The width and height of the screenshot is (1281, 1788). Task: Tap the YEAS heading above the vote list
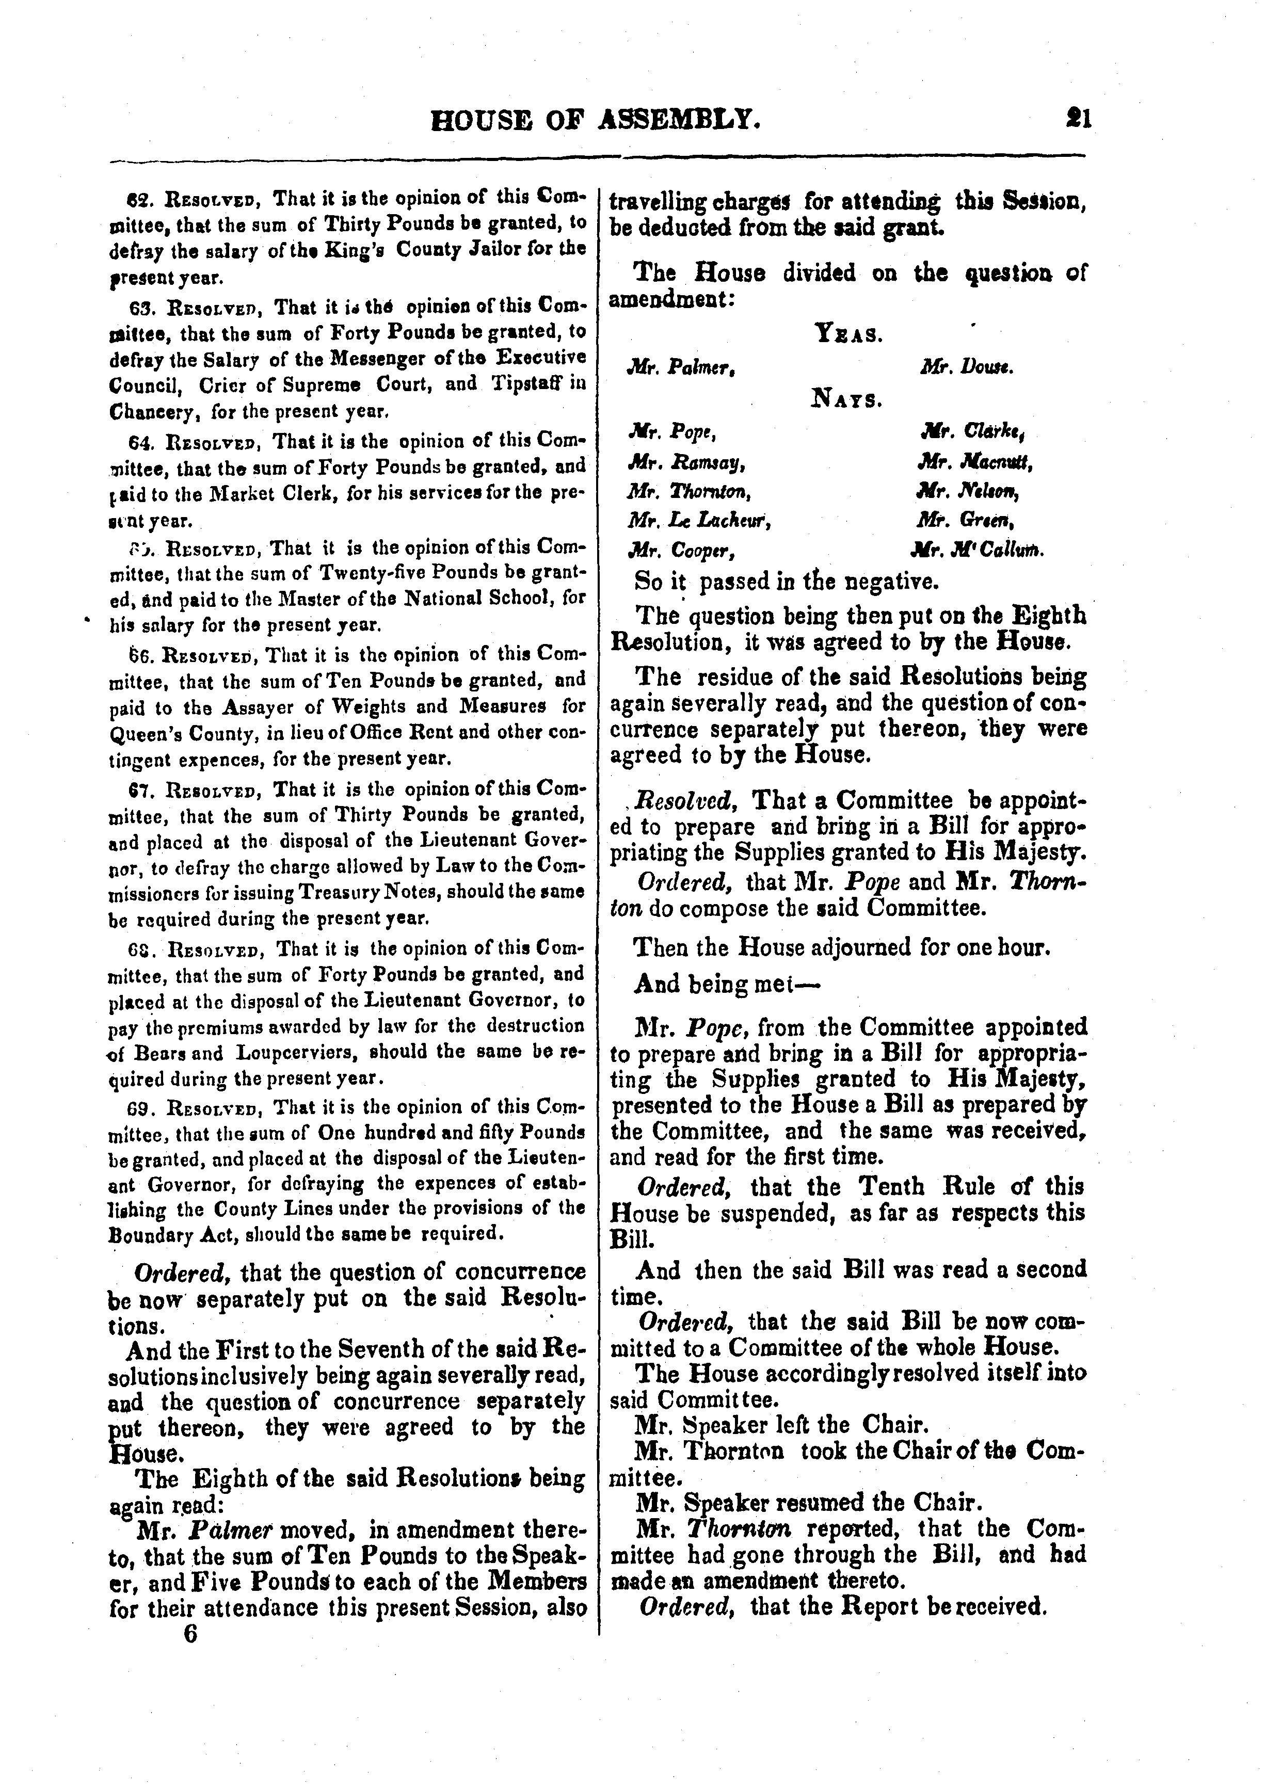click(x=847, y=335)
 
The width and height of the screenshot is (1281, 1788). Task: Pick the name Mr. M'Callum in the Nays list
click(x=978, y=550)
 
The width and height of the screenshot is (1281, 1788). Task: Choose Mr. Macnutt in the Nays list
click(x=974, y=462)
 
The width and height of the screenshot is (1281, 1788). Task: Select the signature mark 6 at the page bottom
click(x=189, y=1634)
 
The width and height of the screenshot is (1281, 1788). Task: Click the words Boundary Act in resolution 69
click(x=163, y=1234)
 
